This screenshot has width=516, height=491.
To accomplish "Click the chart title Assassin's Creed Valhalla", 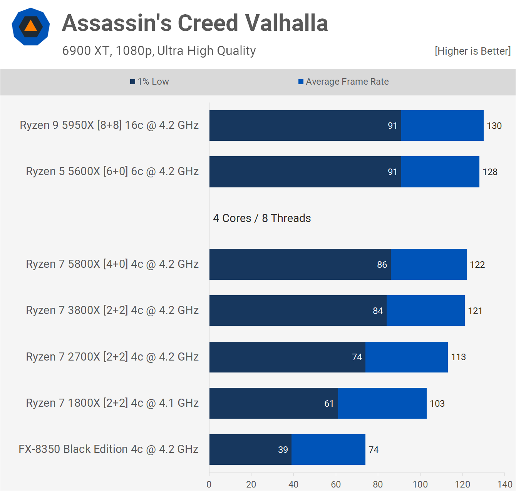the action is click(195, 23).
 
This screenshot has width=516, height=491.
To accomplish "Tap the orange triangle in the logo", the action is click(31, 26).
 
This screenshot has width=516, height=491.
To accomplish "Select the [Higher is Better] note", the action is click(473, 51).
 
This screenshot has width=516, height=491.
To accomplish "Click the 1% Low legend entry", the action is click(149, 82).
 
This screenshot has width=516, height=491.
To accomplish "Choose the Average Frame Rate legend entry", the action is click(343, 82).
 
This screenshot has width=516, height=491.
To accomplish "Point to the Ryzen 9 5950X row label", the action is click(109, 125).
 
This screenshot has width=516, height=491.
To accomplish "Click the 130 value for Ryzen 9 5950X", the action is click(494, 125).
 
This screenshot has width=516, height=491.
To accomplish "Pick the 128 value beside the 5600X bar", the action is click(490, 172).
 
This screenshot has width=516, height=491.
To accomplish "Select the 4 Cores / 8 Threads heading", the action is click(262, 218).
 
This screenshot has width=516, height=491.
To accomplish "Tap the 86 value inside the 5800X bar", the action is click(382, 265).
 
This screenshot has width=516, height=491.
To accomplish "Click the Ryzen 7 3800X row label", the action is click(112, 310).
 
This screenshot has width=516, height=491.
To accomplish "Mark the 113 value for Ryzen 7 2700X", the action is click(458, 357).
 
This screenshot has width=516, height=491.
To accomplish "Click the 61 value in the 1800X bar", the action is click(329, 403).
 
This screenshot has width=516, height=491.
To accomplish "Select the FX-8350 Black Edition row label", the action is click(108, 449).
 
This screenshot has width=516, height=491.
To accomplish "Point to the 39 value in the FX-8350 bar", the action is click(283, 449).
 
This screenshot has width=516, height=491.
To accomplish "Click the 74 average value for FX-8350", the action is click(374, 449).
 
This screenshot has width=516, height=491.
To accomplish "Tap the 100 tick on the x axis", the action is click(420, 484).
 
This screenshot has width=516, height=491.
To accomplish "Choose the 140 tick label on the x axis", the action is click(505, 484).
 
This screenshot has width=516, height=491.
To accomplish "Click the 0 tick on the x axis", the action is click(209, 484).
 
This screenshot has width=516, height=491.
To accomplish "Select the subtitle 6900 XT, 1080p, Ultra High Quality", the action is click(159, 51).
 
